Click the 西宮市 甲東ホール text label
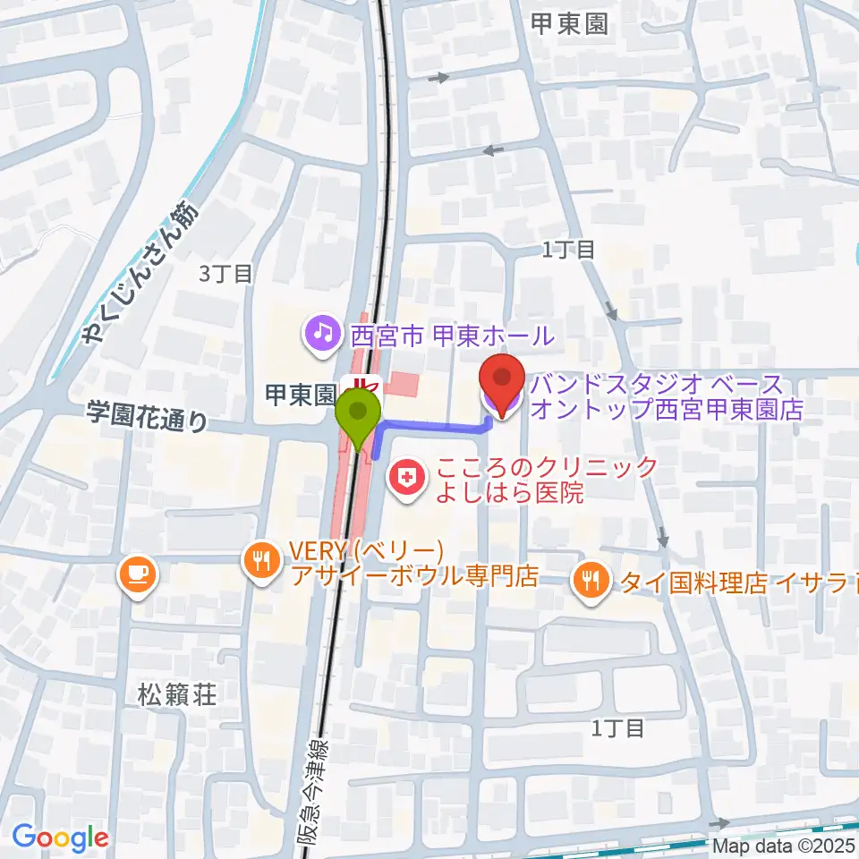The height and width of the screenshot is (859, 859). (452, 336)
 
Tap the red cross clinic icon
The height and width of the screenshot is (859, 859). (406, 479)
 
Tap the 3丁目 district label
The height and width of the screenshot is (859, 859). (226, 274)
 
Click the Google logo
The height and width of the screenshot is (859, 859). (61, 838)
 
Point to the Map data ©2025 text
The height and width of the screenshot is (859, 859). (784, 845)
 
